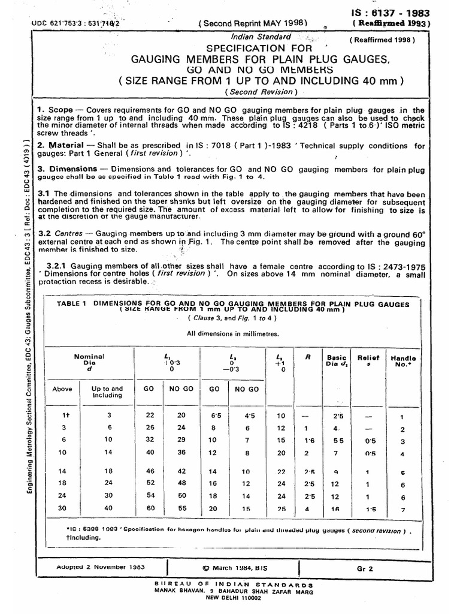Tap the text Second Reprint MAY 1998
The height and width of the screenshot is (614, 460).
coord(253,23)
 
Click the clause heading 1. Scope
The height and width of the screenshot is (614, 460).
coord(57,110)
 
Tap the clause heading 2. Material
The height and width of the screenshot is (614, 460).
coord(60,146)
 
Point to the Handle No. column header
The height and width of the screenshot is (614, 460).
coord(403,361)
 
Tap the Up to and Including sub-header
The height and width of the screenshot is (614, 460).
coord(107,392)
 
